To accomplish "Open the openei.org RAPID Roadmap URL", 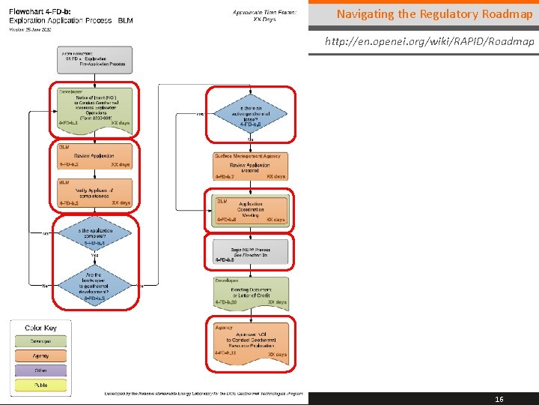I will (429, 41).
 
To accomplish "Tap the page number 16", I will (499, 399).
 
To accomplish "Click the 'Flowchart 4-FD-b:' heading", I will (42, 12).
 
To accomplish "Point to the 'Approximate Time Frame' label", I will (264, 12).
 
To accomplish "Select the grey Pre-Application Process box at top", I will (94, 60).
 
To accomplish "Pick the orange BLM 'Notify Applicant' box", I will (94, 193).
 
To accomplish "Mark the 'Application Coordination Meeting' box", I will (250, 211).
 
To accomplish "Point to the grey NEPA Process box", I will (250, 251).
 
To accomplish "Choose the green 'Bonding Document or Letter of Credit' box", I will (250, 292).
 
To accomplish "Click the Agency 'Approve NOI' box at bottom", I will (250, 340).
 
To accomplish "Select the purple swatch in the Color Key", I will (40, 370).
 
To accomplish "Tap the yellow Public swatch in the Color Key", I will (40, 385).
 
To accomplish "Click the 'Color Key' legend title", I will (40, 328).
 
